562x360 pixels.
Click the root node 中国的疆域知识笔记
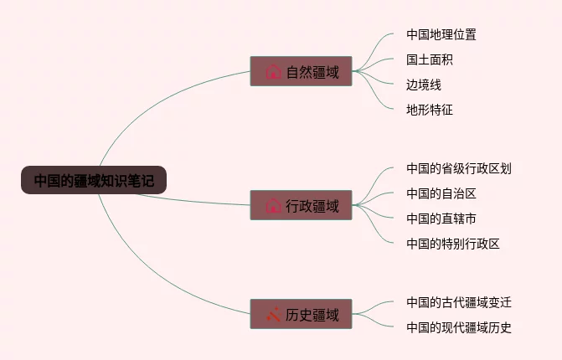tap(94, 180)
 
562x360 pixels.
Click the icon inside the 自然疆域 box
tap(273, 72)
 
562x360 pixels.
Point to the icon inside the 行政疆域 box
tap(273, 206)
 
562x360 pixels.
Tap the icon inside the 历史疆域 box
tap(273, 315)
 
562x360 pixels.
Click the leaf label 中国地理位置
tap(441, 34)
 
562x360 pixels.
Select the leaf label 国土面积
tap(430, 59)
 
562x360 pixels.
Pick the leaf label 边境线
tap(424, 85)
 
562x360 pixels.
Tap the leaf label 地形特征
tap(430, 110)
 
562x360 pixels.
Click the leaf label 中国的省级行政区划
tap(458, 168)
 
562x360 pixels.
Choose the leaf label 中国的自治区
tap(441, 193)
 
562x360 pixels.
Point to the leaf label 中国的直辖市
tap(441, 219)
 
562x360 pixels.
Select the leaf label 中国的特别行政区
tap(452, 244)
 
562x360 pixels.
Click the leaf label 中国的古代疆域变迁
tap(458, 302)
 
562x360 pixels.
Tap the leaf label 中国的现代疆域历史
tap(458, 327)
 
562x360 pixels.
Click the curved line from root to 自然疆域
tap(142, 109)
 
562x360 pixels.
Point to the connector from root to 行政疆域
tap(201, 202)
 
